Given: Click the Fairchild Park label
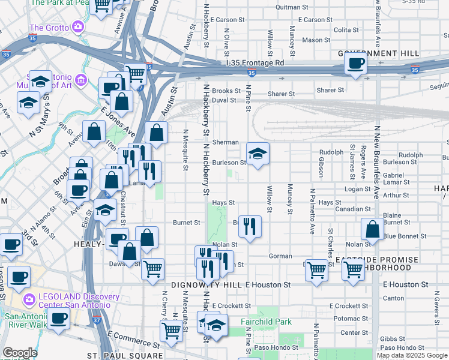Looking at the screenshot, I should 266,322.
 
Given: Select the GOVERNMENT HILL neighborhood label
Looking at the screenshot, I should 378,53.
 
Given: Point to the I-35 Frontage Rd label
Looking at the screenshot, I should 255,62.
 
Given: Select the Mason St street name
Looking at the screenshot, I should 312,40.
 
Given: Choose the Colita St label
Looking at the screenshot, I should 346,29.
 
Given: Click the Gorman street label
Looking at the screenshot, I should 280,256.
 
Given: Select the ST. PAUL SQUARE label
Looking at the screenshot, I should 125,355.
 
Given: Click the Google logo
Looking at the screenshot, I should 20,353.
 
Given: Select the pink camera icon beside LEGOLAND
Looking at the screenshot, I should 28,299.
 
